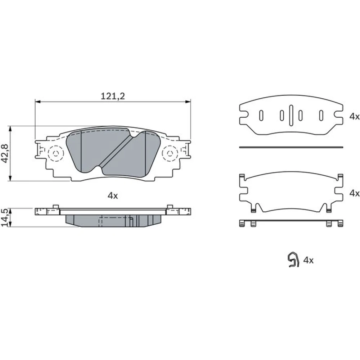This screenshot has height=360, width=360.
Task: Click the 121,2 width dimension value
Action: click(113, 96)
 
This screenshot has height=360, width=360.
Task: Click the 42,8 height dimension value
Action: click(5, 153)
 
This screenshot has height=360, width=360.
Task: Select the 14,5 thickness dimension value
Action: click(5, 217)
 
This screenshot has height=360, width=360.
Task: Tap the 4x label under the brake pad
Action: click(113, 196)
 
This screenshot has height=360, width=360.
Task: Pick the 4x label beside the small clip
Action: click(309, 260)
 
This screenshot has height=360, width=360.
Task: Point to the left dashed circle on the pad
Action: click(55, 153)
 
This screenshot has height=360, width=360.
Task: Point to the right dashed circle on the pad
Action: click(170, 153)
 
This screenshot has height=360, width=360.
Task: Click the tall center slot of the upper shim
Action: click(291, 115)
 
